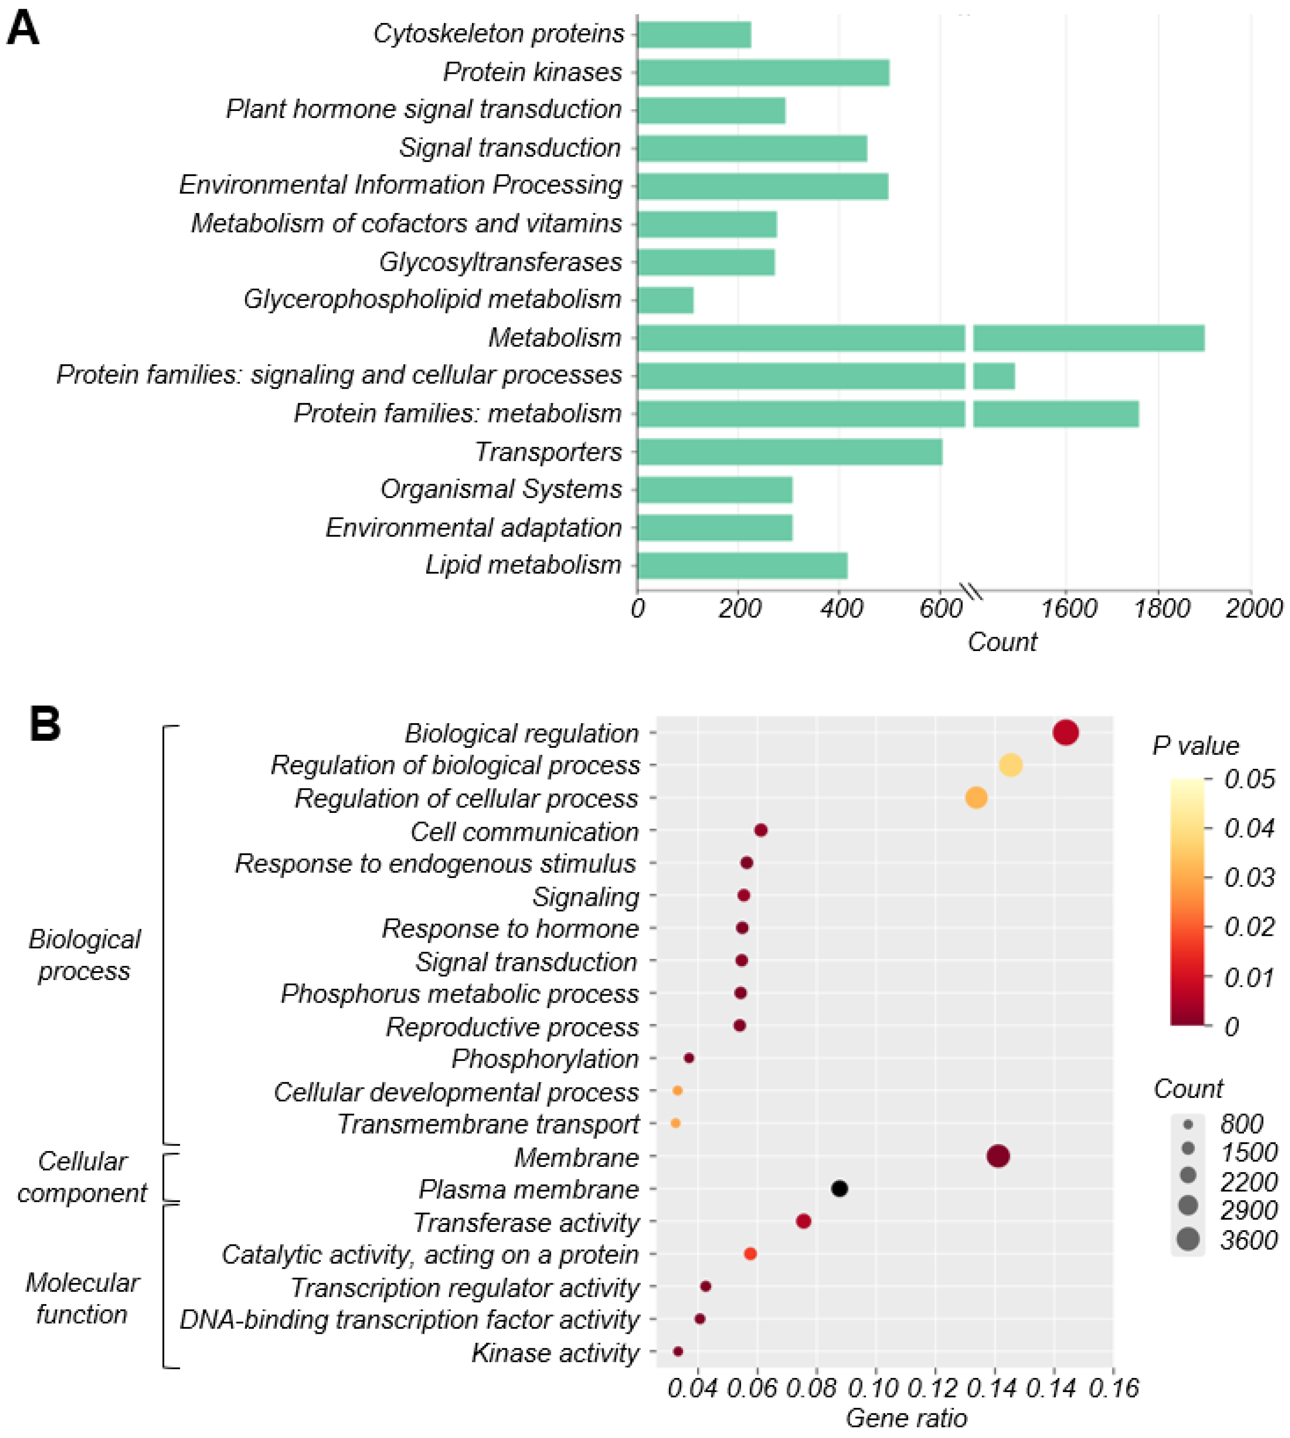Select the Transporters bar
coord(790,452)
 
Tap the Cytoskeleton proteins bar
coord(694,34)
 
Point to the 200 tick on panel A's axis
coord(739,608)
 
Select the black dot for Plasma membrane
coord(839,1189)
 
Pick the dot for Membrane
coord(998,1156)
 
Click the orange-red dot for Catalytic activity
coord(750,1254)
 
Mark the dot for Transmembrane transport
coord(675,1123)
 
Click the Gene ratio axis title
coord(906,1418)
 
